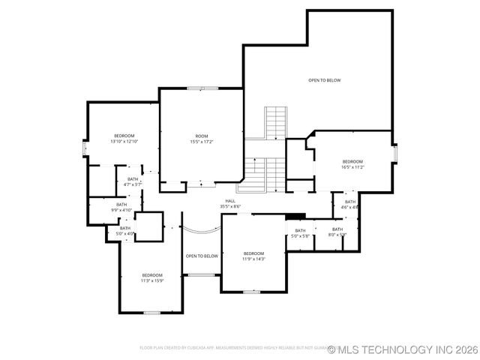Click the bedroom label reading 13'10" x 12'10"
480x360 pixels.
point(124,138)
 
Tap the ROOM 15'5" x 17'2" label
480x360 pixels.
point(201,139)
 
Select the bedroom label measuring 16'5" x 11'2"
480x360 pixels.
point(352,164)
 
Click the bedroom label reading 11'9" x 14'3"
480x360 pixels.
point(253,257)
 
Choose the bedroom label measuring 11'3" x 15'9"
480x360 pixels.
point(152,278)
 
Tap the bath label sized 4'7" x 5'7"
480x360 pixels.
point(133,181)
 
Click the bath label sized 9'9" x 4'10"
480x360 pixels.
point(121,207)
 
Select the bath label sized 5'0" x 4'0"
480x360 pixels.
point(125,231)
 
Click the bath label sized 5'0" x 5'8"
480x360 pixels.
point(300,233)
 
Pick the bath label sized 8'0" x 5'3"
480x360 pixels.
point(337,232)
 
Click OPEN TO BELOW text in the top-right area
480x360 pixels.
point(325,80)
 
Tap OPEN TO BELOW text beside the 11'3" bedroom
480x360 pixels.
point(202,256)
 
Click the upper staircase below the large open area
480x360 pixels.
point(276,122)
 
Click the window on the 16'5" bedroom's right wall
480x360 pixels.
point(394,152)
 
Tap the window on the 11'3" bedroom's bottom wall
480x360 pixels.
point(152,312)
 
